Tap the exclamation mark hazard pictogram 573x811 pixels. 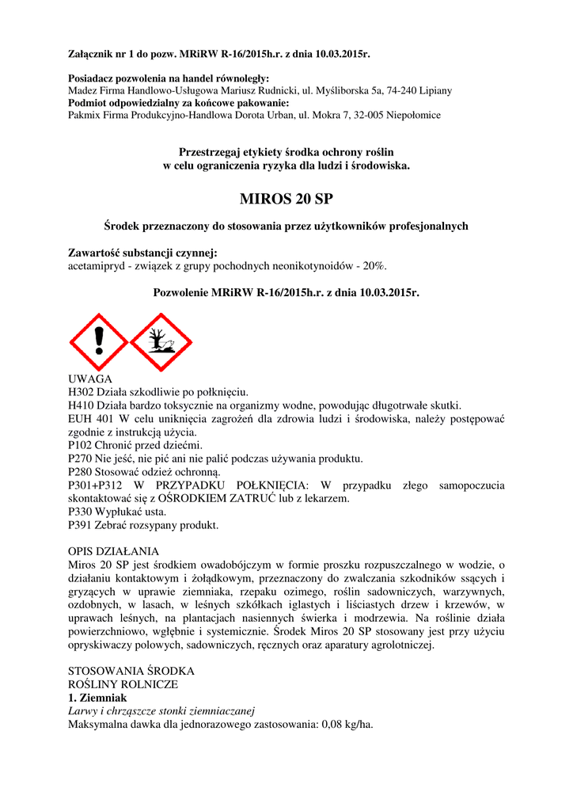pyautogui.click(x=99, y=342)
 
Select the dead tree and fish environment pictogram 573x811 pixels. pyautogui.click(x=161, y=342)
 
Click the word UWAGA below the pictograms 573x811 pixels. pyautogui.click(x=90, y=379)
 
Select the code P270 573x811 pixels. pyautogui.click(x=81, y=459)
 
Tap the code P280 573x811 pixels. pyautogui.click(x=81, y=472)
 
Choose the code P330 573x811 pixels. pyautogui.click(x=81, y=512)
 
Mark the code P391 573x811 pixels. pyautogui.click(x=81, y=525)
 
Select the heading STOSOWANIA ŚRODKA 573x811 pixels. pyautogui.click(x=131, y=671)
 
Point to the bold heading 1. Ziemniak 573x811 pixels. pyautogui.click(x=97, y=698)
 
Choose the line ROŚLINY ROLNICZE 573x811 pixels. pyautogui.click(x=123, y=684)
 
